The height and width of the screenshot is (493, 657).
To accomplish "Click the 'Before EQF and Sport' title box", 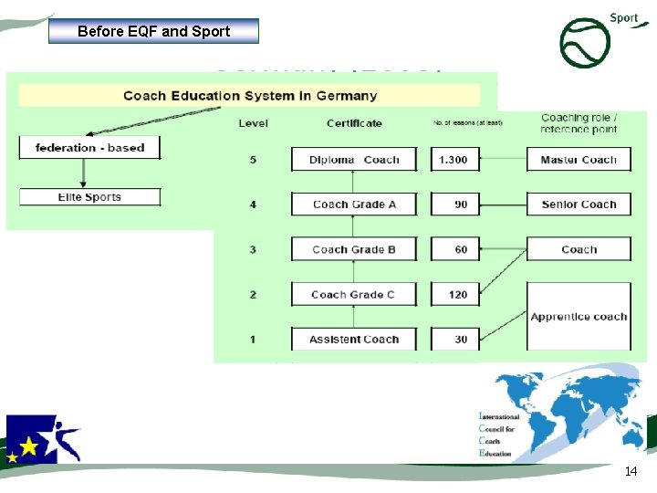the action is point(153,31).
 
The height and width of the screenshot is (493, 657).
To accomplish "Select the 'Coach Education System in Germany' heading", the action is point(249,96).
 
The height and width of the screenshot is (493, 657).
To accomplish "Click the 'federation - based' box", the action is point(89,147).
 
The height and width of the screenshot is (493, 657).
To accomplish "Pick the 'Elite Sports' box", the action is point(89,197).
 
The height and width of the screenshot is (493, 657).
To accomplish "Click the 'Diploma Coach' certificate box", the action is point(354,160).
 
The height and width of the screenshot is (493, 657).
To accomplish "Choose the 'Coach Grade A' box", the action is point(354,205).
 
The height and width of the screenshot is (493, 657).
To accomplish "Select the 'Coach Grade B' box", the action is point(354,249).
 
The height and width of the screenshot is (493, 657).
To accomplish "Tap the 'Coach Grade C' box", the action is point(354,294).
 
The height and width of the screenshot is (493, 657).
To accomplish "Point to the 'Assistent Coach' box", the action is point(354,340).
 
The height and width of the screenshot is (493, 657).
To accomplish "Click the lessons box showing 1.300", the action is point(454,160).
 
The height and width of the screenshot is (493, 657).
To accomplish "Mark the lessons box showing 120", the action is point(458,294).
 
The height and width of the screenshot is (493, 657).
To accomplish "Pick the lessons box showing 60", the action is point(461,249).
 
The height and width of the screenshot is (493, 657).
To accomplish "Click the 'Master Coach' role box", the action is point(579,160).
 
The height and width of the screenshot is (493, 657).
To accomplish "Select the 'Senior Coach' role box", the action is point(579,205).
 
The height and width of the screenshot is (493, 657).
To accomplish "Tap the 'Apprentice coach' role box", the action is point(579,317).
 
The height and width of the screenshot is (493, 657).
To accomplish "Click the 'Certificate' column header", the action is point(354,123).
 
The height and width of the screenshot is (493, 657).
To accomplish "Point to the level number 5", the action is point(253,160).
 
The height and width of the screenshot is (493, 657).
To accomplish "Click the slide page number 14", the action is point(631,472).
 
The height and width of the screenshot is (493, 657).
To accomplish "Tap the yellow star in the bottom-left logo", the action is point(29,446).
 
